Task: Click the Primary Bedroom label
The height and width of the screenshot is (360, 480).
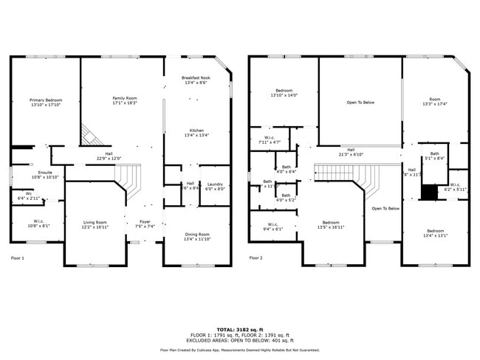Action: [46, 103]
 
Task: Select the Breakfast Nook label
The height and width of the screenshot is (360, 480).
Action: [196, 80]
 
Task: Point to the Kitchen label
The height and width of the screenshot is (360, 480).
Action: [196, 133]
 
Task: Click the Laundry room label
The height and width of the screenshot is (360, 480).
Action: [215, 186]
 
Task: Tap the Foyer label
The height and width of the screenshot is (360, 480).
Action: [145, 224]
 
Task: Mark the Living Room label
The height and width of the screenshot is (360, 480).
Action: [95, 225]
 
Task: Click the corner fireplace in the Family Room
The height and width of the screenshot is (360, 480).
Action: [89, 135]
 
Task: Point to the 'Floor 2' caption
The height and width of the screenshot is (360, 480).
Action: [256, 258]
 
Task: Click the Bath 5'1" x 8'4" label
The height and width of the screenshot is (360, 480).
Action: [434, 156]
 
